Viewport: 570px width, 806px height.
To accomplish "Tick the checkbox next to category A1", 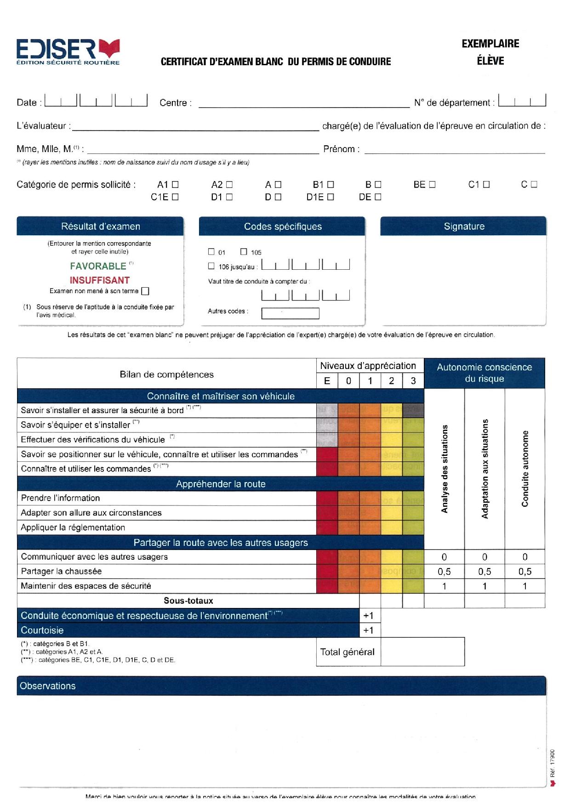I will tap(175, 185).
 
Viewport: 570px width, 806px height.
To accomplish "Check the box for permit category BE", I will tap(432, 185).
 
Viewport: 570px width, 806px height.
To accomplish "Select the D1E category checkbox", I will tap(331, 197).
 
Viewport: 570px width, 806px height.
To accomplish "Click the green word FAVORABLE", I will tap(98, 266).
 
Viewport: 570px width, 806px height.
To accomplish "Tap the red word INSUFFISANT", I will tap(100, 280).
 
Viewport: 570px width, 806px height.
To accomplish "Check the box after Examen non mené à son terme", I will tap(145, 291).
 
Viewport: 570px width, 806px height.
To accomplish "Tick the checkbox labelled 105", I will tap(244, 251).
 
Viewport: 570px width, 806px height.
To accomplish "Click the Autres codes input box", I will tap(290, 313).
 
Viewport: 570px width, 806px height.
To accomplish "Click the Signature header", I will tap(464, 226).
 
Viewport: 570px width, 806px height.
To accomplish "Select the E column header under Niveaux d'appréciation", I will tap(327, 380).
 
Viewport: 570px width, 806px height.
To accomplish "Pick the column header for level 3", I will tap(413, 380).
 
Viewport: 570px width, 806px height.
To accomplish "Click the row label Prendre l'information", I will tap(60, 498).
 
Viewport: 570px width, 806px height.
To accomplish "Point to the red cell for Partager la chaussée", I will tap(327, 571).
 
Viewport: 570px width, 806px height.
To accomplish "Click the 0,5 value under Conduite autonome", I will tap(524, 571).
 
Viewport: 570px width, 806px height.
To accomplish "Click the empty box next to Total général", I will tap(422, 652).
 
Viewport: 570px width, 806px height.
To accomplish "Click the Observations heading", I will tap(48, 686).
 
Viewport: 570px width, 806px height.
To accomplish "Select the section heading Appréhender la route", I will tap(221, 484).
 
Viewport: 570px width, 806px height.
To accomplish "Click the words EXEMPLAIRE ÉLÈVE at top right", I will tap(490, 52).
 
